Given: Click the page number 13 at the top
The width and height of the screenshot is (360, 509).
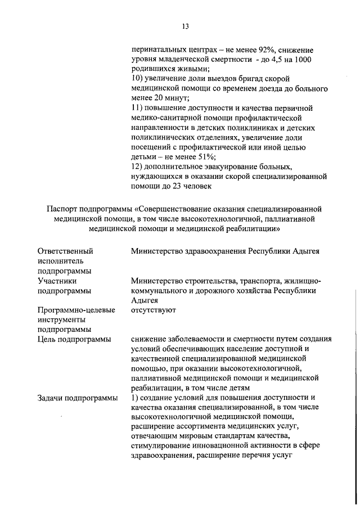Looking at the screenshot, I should (186, 26).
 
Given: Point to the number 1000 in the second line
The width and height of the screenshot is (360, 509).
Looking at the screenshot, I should (303, 59).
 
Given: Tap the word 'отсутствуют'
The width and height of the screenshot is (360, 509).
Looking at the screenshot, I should (154, 310).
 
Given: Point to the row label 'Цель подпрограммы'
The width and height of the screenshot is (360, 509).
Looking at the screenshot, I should (74, 339).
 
